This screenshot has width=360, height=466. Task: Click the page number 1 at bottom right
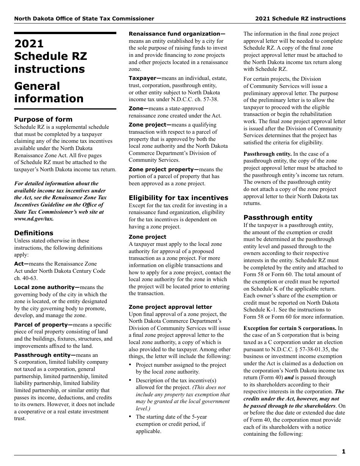tap(343, 451)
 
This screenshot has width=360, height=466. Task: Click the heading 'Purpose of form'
tap(43, 119)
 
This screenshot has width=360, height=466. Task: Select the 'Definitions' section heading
tap(34, 233)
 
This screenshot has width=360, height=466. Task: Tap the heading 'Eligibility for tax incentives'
tap(178, 198)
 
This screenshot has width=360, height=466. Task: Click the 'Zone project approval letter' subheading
tap(170, 307)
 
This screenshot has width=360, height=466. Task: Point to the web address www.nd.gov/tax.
tap(34, 219)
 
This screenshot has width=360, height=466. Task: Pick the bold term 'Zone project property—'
tap(164, 169)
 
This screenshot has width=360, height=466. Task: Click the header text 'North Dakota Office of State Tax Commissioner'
tap(84, 19)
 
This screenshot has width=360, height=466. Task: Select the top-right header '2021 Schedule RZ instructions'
tap(300, 19)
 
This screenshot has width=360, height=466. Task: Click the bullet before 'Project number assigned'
tap(130, 364)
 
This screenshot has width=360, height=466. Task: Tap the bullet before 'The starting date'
tap(130, 416)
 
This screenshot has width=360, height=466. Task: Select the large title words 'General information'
tap(49, 92)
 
